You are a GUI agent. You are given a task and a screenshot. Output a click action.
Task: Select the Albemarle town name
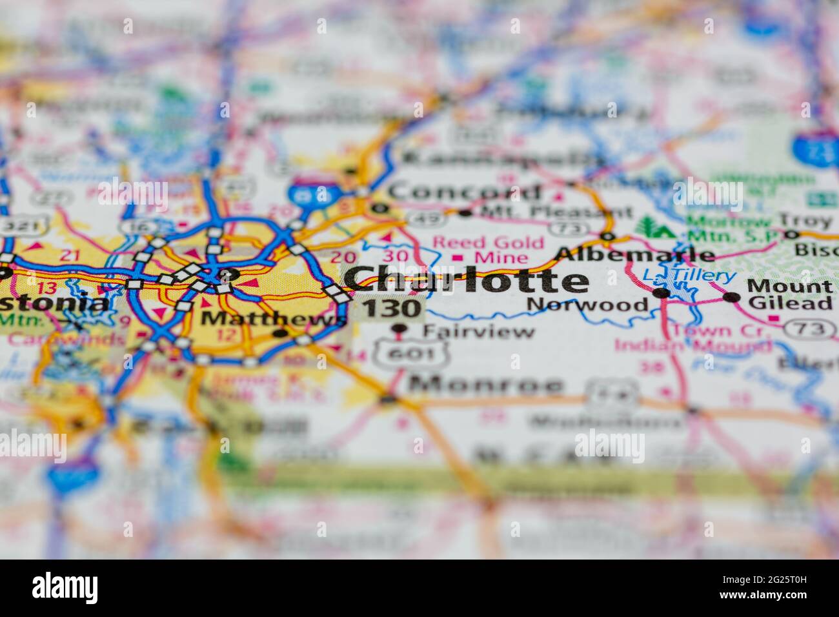[635, 254]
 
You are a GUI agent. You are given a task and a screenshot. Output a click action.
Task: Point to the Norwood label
[587, 305]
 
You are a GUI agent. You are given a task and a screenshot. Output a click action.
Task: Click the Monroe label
[486, 385]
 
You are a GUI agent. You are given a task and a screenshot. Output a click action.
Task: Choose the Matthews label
[271, 318]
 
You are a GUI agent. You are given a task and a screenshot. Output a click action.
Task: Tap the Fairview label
[478, 332]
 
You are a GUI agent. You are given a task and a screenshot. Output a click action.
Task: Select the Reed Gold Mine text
[489, 250]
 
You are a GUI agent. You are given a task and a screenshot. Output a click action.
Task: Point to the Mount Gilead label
[789, 295]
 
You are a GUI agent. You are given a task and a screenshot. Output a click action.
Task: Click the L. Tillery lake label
[689, 276]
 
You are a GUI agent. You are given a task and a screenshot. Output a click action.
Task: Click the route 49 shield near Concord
[428, 218]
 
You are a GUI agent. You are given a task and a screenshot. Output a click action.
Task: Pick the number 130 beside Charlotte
[391, 308]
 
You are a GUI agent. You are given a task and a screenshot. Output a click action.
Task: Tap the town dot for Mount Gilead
[731, 298]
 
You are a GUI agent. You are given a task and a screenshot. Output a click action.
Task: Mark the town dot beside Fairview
[399, 329]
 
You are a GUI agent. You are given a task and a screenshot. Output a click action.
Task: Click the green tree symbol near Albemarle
[647, 227]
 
